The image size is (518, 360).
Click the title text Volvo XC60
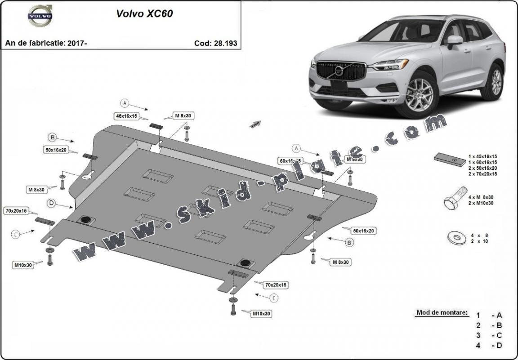point(144,13)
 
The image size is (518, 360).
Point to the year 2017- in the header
point(77,43)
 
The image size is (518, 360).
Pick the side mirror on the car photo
point(455,41)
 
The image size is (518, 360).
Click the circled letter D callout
point(52,204)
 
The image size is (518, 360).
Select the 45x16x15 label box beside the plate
point(126,116)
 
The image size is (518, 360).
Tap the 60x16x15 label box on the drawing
point(290,160)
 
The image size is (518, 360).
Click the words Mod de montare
point(442,312)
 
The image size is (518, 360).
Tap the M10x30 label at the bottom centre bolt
point(261,313)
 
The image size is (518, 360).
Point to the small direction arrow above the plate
point(256,124)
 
